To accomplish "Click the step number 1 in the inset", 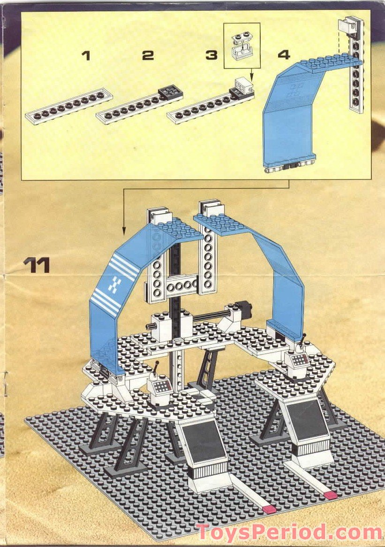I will click(85, 56).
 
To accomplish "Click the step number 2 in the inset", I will click(148, 56).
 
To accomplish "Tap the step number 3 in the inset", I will click(211, 56).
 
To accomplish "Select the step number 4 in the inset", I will click(283, 55).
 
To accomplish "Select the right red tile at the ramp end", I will click(331, 495).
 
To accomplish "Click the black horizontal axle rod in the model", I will click(211, 315).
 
